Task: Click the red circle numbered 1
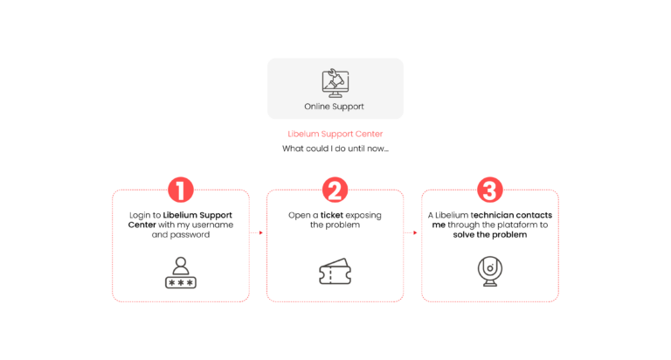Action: click(180, 190)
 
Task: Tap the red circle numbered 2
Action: click(334, 190)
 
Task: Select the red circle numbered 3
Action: click(489, 190)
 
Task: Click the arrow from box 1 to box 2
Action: click(258, 232)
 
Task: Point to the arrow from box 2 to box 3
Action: click(412, 232)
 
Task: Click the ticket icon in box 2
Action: click(334, 273)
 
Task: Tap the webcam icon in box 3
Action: click(489, 270)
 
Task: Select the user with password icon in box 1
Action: click(180, 272)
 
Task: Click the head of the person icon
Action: click(180, 261)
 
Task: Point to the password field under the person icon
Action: click(180, 282)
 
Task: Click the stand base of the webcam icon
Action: click(489, 285)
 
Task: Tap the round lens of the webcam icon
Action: click(489, 266)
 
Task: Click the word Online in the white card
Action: click(317, 107)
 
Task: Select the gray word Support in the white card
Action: click(349, 107)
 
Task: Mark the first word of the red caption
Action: click(302, 135)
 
